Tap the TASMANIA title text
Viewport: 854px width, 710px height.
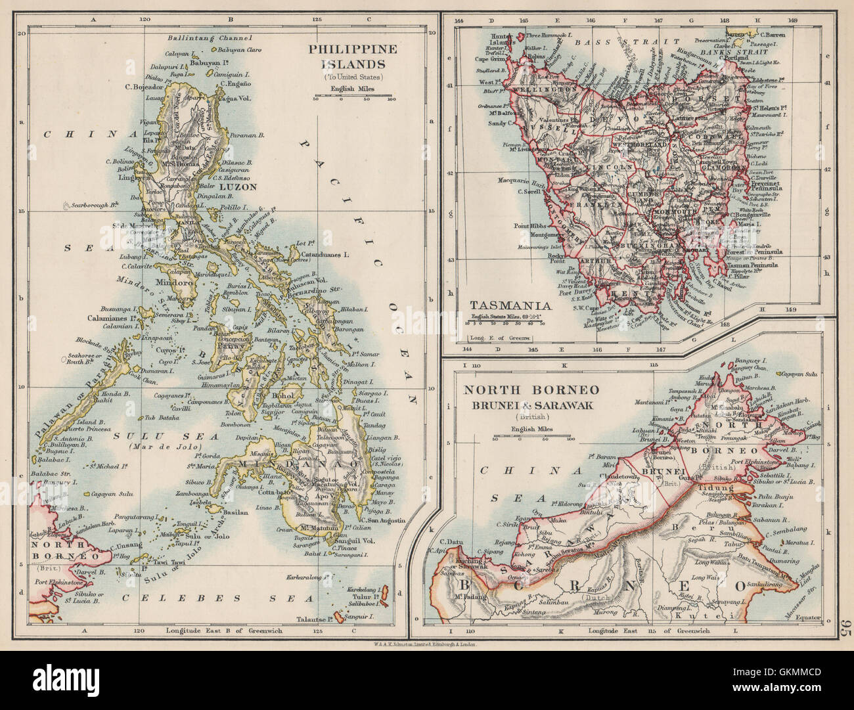[x=503, y=305]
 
